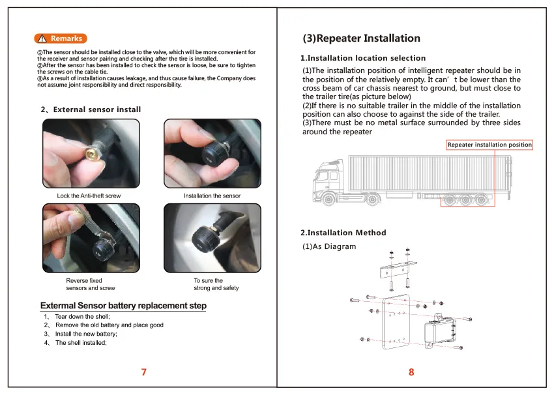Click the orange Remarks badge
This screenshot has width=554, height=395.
(x=61, y=38)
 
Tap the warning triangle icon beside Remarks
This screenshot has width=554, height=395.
(x=42, y=38)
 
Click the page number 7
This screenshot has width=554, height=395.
(x=144, y=372)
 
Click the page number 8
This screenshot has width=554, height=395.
(x=411, y=372)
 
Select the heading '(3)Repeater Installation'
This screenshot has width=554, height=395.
(x=362, y=38)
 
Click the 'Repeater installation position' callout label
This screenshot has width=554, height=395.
(x=489, y=145)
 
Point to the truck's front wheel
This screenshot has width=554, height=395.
(x=329, y=199)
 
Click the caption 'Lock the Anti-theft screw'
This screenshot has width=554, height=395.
(x=89, y=196)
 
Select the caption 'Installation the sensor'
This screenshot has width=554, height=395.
(x=212, y=196)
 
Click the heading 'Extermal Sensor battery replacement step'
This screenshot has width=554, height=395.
(x=123, y=306)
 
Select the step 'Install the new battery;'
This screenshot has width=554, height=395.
(x=86, y=334)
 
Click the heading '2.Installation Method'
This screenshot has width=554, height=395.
(x=343, y=233)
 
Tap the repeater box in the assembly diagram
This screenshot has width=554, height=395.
(x=439, y=331)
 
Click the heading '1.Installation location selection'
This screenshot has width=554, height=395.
(x=363, y=58)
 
